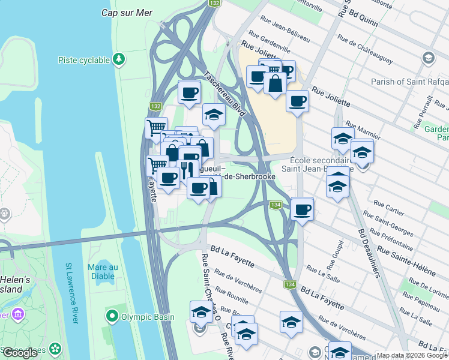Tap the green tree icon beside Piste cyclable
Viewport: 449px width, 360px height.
point(119,59)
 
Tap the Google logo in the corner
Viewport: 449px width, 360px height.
point(20,353)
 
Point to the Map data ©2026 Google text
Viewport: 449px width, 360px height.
point(411,355)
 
